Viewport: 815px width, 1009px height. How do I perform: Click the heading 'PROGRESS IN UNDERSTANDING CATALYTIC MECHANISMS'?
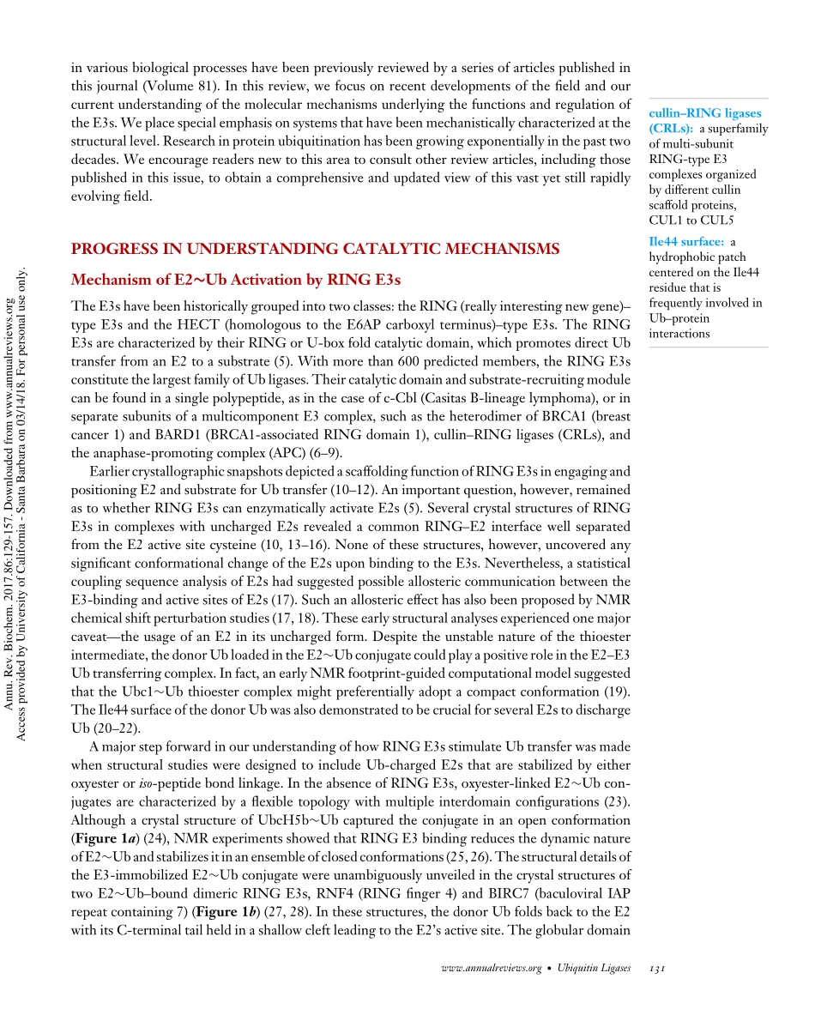click(x=315, y=250)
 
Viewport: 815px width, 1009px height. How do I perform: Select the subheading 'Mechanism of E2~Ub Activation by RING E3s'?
click(x=236, y=280)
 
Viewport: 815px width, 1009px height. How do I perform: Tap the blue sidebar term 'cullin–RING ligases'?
click(x=706, y=113)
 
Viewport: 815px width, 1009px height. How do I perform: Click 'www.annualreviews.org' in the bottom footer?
click(x=490, y=968)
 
